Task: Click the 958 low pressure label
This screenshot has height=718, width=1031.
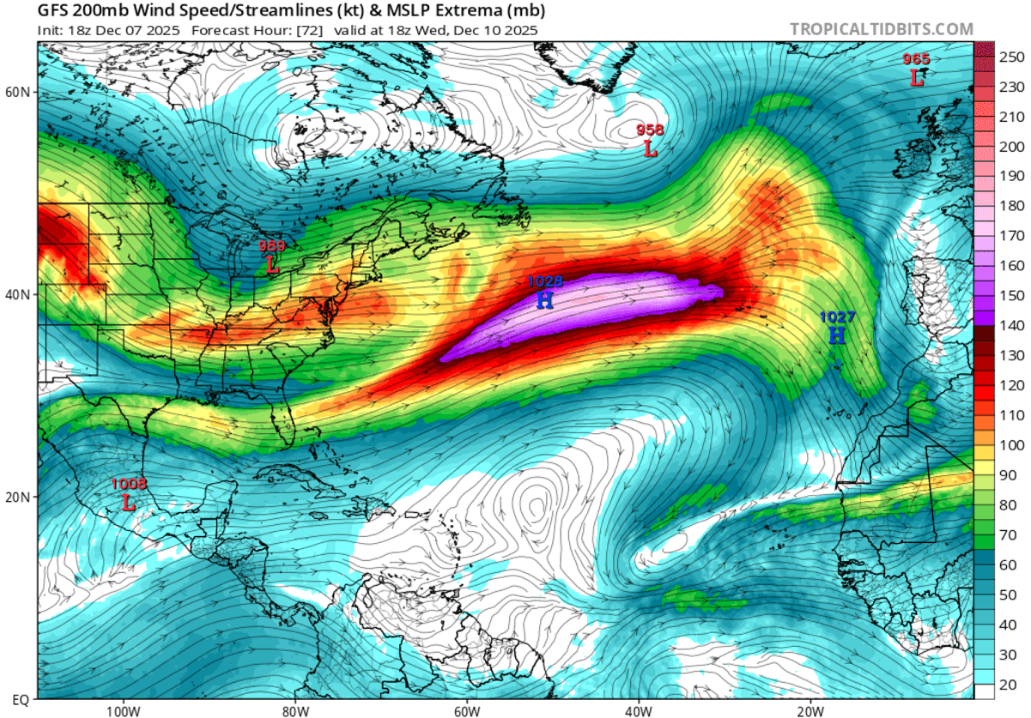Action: (649, 130)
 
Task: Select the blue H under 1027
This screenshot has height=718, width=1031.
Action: (837, 335)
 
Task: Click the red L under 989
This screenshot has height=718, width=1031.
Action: (272, 265)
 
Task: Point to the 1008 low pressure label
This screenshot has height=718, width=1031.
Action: (129, 484)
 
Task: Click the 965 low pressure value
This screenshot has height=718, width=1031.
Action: (916, 59)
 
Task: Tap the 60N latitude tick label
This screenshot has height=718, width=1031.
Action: (19, 92)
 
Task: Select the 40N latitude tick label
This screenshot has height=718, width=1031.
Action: (19, 294)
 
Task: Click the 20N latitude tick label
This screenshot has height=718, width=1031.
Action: (19, 498)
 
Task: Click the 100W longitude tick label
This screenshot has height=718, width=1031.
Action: (124, 711)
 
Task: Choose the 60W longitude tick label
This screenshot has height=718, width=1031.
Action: (466, 711)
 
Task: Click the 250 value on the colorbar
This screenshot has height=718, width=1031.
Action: (1002, 57)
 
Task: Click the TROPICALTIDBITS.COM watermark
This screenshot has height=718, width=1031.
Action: (882, 29)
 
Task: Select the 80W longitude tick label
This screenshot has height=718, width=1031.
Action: (294, 711)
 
